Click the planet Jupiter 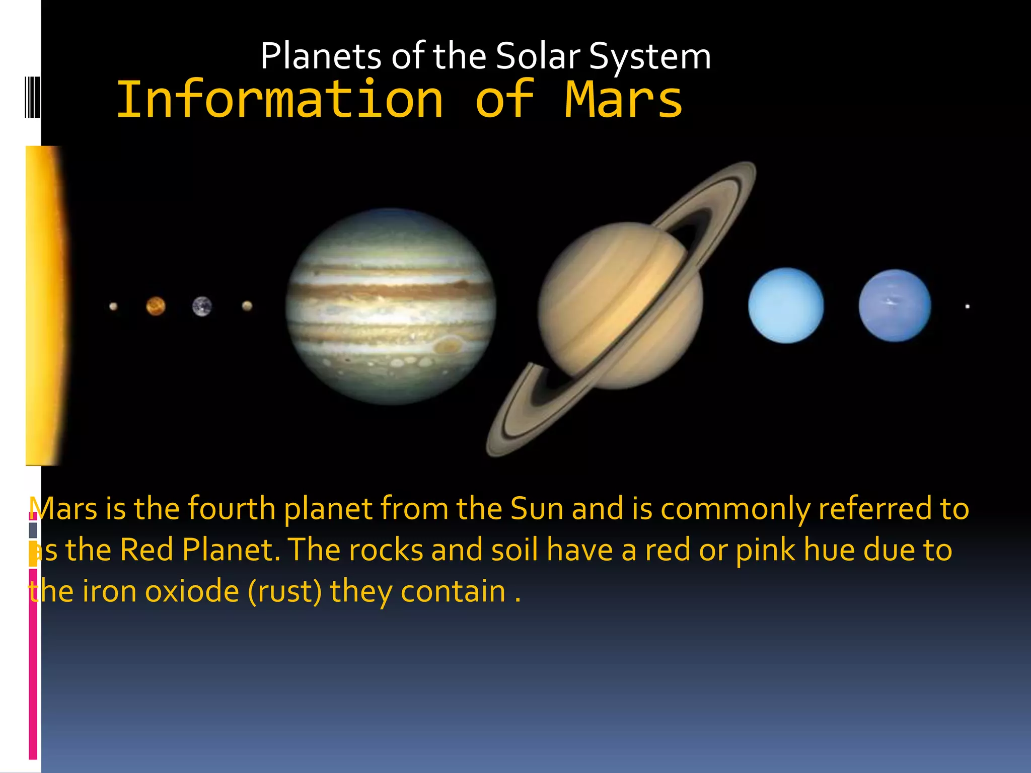coord(391,306)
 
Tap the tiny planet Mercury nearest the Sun coord(113,306)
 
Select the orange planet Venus coord(156,306)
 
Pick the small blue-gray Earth coord(202,306)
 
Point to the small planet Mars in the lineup coord(247,305)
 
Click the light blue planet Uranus coord(785,305)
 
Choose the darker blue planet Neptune coord(895,305)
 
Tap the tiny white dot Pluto coord(967,306)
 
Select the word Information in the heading coord(280,100)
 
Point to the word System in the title coord(649,56)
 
